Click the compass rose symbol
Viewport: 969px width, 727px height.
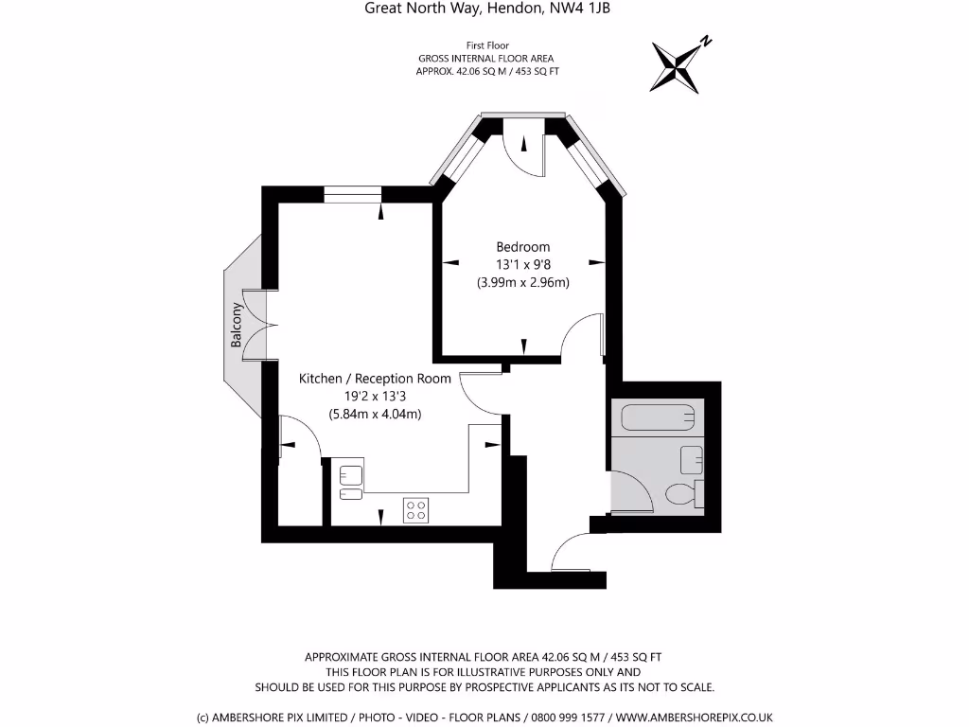(676, 65)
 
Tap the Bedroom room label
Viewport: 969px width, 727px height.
(522, 247)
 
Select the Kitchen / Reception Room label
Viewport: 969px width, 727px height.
(375, 379)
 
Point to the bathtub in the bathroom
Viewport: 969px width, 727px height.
(659, 417)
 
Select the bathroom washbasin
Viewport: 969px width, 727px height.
(692, 460)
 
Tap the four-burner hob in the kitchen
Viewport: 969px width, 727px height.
(415, 510)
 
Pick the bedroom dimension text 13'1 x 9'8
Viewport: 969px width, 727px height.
(522, 265)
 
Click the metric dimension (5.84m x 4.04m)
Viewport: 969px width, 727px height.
(375, 414)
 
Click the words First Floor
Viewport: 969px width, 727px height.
(488, 45)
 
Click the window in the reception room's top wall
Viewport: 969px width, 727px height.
(352, 194)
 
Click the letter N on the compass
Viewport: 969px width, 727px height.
(706, 42)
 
